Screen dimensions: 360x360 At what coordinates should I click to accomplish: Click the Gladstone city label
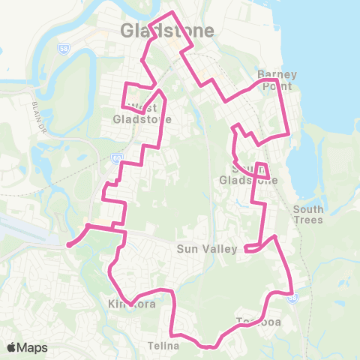[x=166, y=31]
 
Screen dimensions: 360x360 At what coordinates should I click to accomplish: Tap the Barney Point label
[x=277, y=80]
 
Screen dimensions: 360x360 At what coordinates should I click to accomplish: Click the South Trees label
[x=308, y=214]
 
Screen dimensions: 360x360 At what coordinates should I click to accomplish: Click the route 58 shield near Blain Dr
[x=62, y=49]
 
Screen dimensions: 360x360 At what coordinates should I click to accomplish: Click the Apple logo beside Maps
[x=12, y=347]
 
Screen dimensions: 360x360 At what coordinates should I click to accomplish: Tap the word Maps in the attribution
[x=32, y=347]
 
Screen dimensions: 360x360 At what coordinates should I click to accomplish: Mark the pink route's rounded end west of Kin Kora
[x=69, y=244]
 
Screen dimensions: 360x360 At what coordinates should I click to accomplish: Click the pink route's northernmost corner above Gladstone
[x=174, y=13]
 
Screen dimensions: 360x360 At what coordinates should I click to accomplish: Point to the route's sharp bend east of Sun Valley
[x=276, y=237]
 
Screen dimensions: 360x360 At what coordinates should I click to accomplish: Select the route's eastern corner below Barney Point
[x=289, y=133]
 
